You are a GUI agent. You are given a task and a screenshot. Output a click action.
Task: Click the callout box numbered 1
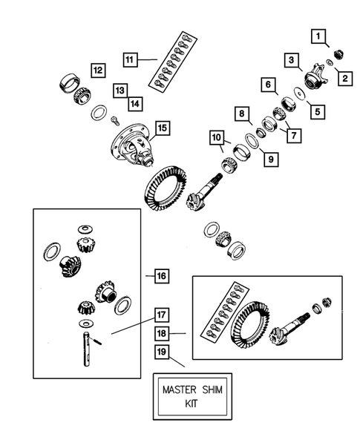click(318, 36)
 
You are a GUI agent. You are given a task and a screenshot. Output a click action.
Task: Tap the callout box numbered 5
click(318, 111)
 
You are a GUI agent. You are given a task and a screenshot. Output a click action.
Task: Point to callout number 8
click(242, 114)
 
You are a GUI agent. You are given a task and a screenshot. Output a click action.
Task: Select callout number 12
click(97, 70)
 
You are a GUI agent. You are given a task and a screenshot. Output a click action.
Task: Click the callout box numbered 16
click(161, 276)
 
